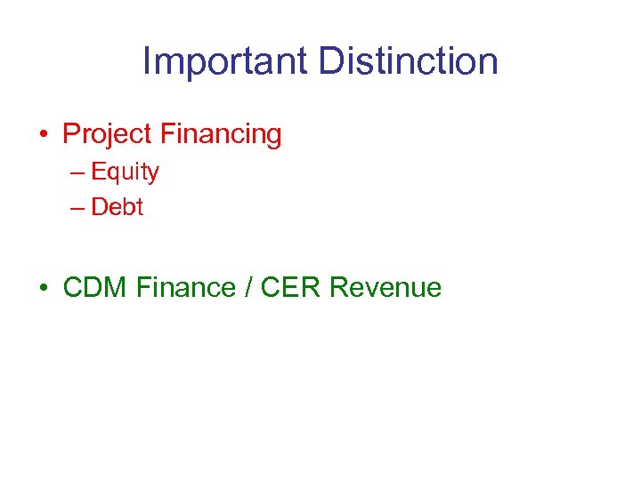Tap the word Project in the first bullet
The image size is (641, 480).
click(107, 134)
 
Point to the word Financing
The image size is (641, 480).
click(221, 134)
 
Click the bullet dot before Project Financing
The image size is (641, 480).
click(43, 135)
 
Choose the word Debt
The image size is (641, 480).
click(117, 207)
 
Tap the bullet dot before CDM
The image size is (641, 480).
click(43, 288)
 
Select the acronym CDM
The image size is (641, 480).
click(96, 287)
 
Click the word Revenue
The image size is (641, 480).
click(385, 287)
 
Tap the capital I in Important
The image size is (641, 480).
click(147, 61)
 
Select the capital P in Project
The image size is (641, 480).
click(70, 134)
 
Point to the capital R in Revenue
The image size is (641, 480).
click(338, 287)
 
